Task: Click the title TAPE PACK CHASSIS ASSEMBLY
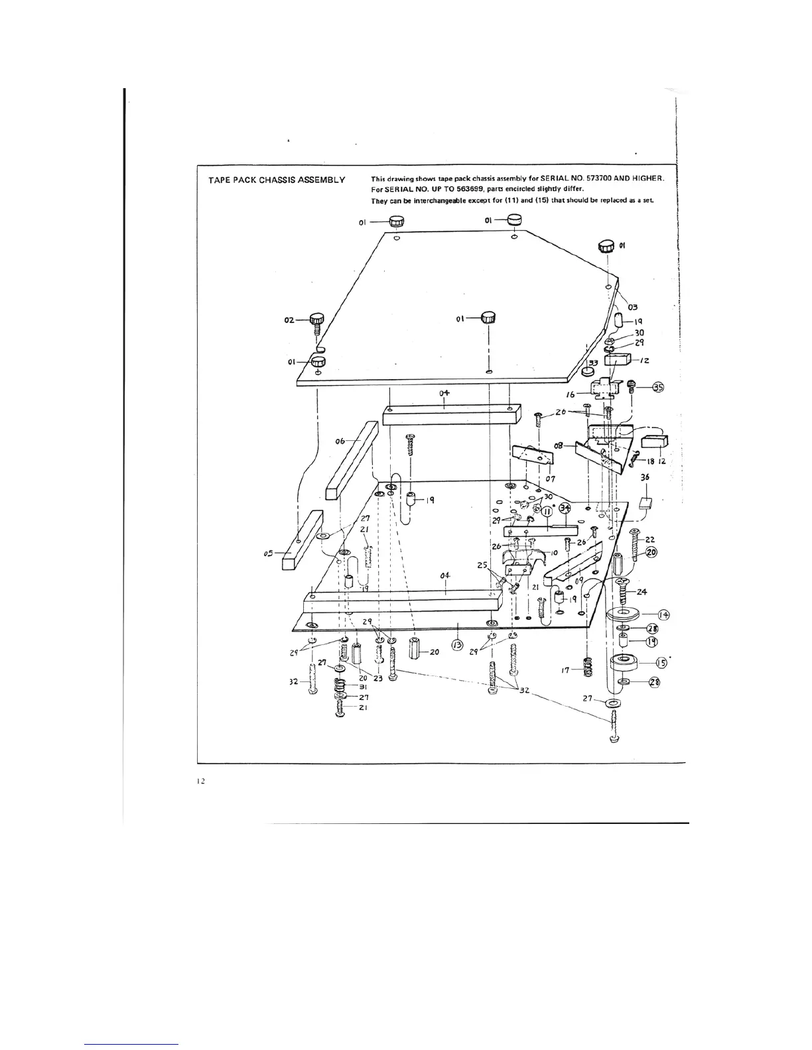click(276, 180)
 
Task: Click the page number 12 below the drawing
click(200, 782)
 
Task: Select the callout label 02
click(289, 320)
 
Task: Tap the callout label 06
click(340, 441)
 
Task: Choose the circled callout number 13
click(456, 644)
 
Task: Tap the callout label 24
click(642, 591)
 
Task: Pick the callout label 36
click(645, 477)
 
